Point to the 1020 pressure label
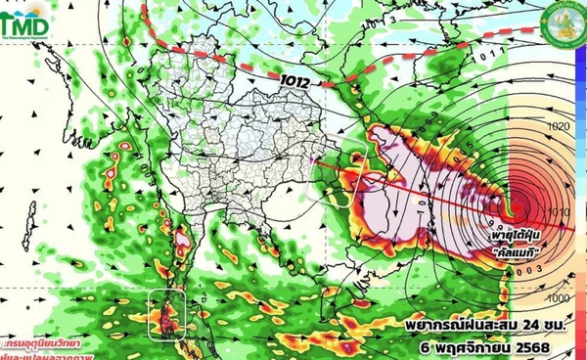pyautogui.click(x=560, y=128)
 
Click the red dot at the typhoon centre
pyautogui.click(x=513, y=208)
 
